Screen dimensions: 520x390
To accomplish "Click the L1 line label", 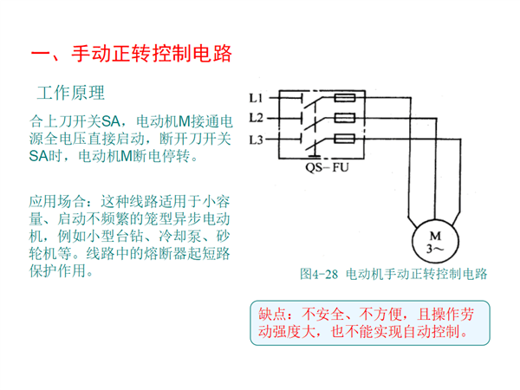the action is [256, 98].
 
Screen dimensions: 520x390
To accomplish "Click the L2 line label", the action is [256, 118].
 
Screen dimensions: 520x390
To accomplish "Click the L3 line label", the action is [256, 140].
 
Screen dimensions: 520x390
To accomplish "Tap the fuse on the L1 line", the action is [345, 98].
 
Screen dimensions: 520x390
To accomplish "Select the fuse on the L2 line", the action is [345, 118].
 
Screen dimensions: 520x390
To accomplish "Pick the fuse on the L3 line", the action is [345, 139].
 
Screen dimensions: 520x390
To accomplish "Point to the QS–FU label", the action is [327, 167].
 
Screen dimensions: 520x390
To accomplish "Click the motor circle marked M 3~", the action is [435, 242].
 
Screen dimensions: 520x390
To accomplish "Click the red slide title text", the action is [132, 53].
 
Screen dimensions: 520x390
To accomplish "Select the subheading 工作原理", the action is [71, 93].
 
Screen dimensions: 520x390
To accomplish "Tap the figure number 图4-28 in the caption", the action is [319, 274].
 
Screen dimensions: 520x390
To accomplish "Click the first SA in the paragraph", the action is [110, 121].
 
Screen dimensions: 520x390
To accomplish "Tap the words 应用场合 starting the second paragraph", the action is [57, 201].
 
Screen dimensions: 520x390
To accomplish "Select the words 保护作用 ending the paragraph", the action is [57, 271].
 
